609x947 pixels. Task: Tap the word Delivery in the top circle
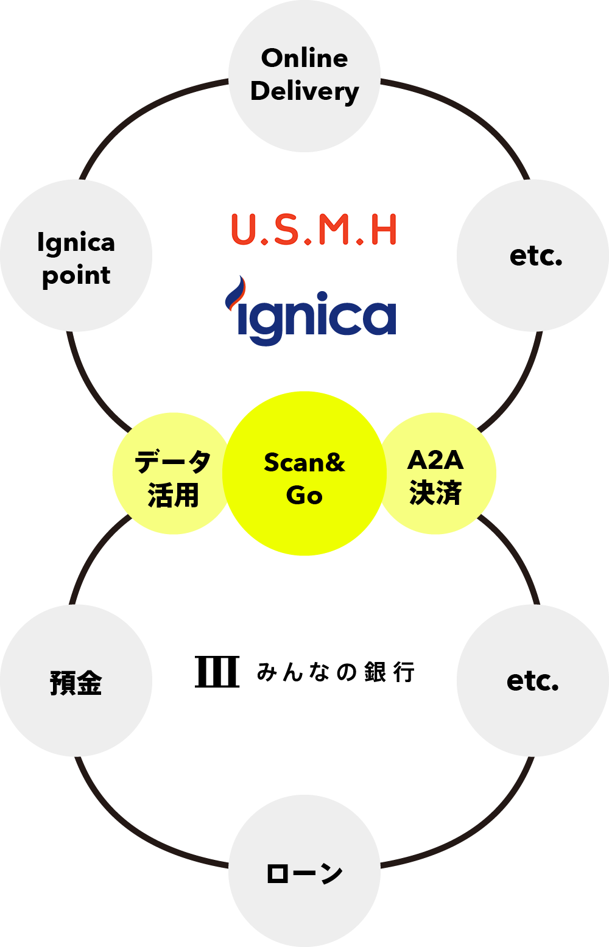tap(304, 91)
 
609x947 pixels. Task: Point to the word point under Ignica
tap(76, 276)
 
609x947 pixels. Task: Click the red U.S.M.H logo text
tap(314, 230)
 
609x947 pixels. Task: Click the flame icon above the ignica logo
tap(236, 291)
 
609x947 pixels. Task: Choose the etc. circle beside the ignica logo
tap(533, 256)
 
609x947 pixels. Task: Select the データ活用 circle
tap(174, 474)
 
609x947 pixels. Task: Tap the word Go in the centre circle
tap(304, 496)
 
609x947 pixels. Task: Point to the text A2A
tap(435, 460)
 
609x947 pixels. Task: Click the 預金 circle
tap(76, 681)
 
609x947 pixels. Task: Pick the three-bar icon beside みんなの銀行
tap(217, 672)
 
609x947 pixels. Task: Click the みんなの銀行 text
tap(336, 672)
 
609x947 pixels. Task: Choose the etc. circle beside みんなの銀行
tap(533, 681)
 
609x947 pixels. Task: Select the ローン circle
tap(304, 871)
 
